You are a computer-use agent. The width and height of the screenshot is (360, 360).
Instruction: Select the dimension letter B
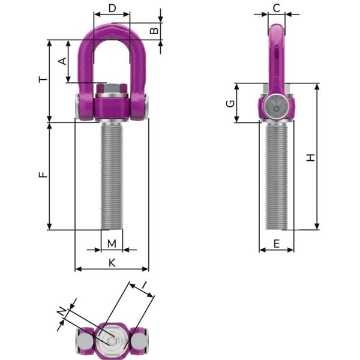coord(154,29)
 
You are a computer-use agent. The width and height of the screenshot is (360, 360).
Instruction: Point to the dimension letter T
coord(41,80)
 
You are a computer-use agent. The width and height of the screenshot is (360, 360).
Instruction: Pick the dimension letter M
coord(112,243)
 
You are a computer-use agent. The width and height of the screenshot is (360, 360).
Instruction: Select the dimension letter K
coord(112,262)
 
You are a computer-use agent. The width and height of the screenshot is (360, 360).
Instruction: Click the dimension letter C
coord(276,8)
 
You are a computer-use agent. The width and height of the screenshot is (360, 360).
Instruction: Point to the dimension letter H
coord(310,157)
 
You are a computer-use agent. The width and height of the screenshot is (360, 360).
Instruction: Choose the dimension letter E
coord(276,243)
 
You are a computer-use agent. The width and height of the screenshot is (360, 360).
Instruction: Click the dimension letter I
coord(144,284)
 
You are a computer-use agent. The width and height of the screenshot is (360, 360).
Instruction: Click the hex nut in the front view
coord(110,92)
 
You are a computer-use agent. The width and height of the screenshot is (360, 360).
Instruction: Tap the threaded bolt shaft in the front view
coord(111,174)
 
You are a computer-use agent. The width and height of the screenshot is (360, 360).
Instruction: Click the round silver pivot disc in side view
coord(277,108)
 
